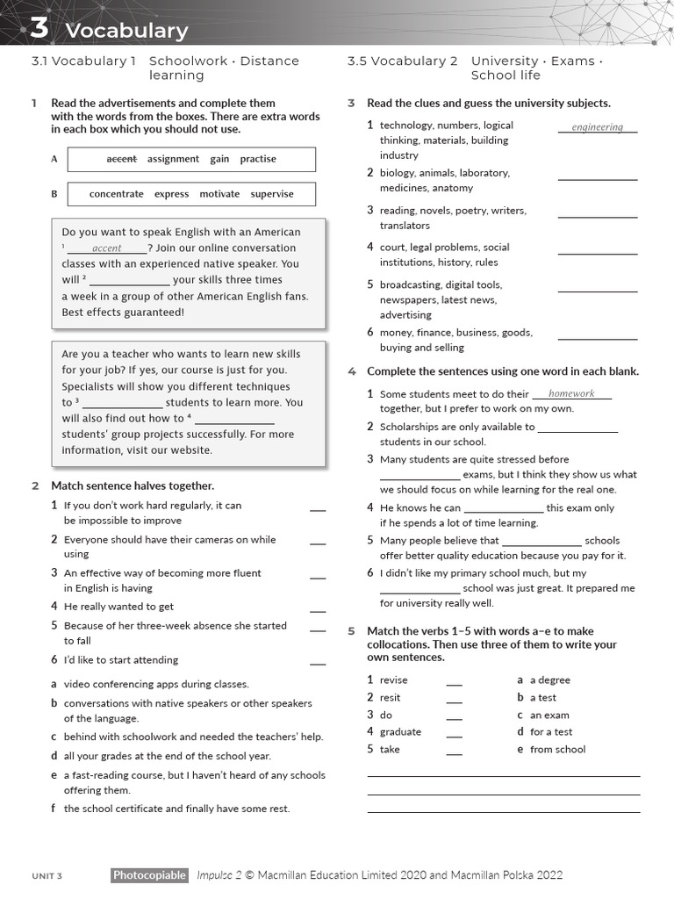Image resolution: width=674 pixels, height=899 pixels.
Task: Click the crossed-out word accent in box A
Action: pyautogui.click(x=121, y=159)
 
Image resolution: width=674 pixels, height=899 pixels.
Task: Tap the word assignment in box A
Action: pyautogui.click(x=173, y=159)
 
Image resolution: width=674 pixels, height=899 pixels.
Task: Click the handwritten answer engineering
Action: pyautogui.click(x=597, y=127)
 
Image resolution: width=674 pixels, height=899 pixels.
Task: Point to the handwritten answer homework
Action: pyautogui.click(x=571, y=394)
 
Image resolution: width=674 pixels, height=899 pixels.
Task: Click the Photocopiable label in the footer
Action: pyautogui.click(x=149, y=875)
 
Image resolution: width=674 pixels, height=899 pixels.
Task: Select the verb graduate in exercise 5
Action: pyautogui.click(x=400, y=732)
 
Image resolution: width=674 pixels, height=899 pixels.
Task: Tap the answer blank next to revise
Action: pyautogui.click(x=454, y=681)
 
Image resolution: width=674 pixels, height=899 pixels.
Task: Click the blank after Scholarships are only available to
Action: pyautogui.click(x=577, y=428)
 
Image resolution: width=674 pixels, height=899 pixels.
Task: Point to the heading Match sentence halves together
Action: pyautogui.click(x=132, y=485)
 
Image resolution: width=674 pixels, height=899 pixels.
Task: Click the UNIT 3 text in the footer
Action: pyautogui.click(x=47, y=876)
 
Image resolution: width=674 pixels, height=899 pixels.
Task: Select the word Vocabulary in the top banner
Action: pyautogui.click(x=126, y=31)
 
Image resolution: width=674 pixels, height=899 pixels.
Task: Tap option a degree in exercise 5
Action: pyautogui.click(x=549, y=680)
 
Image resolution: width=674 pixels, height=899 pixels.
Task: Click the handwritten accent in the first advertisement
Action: pyautogui.click(x=106, y=248)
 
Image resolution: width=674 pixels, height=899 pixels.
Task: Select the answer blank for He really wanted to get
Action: pyautogui.click(x=317, y=608)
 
